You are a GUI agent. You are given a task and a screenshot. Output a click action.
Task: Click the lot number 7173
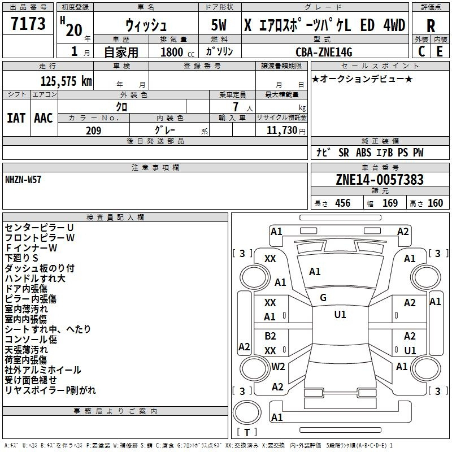coord(28,23)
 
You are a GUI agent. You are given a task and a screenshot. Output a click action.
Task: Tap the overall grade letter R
coord(431,26)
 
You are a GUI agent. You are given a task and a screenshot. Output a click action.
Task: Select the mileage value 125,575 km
coord(66,81)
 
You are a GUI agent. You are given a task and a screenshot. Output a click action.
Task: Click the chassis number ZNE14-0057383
coord(380,179)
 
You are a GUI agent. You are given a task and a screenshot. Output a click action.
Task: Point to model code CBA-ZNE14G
coord(324,52)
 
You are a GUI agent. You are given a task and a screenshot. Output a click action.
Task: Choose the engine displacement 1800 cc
coord(177,52)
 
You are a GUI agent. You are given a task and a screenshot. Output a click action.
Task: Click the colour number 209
coord(93,131)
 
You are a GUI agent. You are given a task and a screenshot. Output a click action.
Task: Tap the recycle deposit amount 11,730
coord(281,130)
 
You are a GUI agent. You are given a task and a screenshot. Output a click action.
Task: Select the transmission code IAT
coord(16,118)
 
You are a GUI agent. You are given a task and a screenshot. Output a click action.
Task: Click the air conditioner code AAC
coord(44,118)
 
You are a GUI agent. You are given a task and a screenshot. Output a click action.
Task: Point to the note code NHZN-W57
coord(23,180)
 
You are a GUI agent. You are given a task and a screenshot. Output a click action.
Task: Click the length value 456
coord(343,203)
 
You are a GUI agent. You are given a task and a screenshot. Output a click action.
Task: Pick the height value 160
coord(435,203)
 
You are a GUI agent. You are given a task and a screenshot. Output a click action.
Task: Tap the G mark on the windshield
coord(323,298)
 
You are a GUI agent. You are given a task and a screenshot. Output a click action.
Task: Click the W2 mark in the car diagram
coord(278,366)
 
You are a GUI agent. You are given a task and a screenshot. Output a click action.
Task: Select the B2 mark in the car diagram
coord(270,336)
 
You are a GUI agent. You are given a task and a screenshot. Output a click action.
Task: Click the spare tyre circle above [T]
coord(247,412)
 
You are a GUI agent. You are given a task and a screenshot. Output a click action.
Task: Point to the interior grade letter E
coord(440,51)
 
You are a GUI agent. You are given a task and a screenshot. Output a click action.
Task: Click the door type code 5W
coord(219,25)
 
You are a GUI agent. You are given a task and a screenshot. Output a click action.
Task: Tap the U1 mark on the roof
coord(340,315)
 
